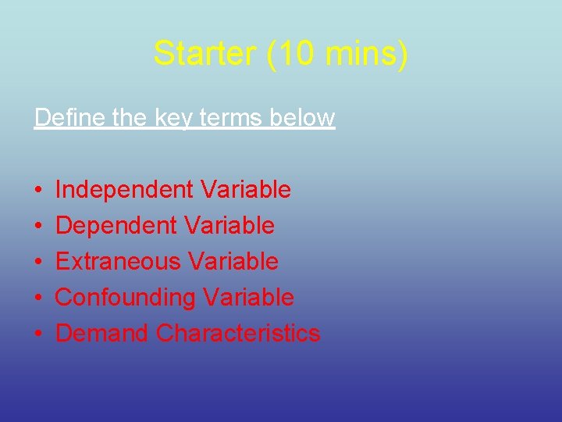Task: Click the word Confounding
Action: click(126, 298)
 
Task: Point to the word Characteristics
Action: click(238, 333)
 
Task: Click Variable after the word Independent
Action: click(246, 190)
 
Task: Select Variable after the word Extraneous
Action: click(233, 261)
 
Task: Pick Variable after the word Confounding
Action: click(249, 297)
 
